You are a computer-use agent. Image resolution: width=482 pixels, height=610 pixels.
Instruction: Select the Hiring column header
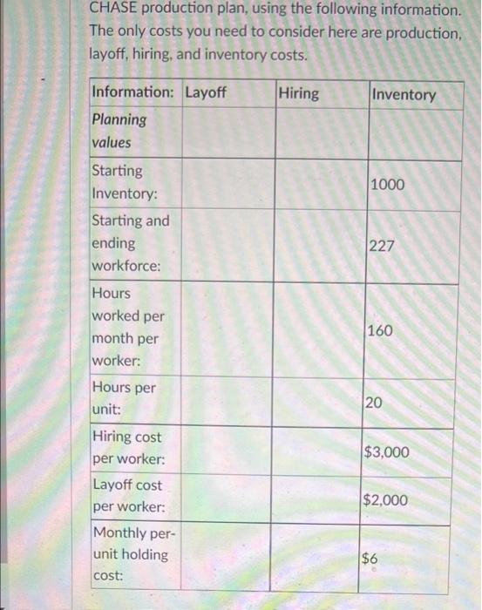(299, 93)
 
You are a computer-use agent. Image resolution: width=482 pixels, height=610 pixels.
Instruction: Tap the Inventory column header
(404, 94)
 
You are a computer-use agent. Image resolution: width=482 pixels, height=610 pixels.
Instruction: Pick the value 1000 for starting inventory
(388, 185)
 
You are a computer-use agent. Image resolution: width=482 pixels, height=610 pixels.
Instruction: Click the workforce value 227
(383, 247)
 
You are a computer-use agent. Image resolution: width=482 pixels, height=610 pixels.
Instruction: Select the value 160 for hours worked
(381, 331)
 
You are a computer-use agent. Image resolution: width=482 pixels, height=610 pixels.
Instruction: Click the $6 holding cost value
(370, 559)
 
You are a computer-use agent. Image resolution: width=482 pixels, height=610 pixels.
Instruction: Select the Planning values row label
(119, 131)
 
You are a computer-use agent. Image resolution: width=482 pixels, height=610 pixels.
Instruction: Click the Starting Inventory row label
(125, 182)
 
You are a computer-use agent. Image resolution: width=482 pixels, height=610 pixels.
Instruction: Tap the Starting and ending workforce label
(131, 244)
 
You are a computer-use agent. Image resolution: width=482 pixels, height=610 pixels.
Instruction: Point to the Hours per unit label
(123, 397)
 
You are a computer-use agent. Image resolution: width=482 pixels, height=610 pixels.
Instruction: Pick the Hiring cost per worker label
(126, 447)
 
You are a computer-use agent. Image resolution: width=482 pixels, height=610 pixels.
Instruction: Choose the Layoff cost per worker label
(126, 496)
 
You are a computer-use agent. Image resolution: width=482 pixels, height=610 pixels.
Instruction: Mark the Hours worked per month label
(126, 328)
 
